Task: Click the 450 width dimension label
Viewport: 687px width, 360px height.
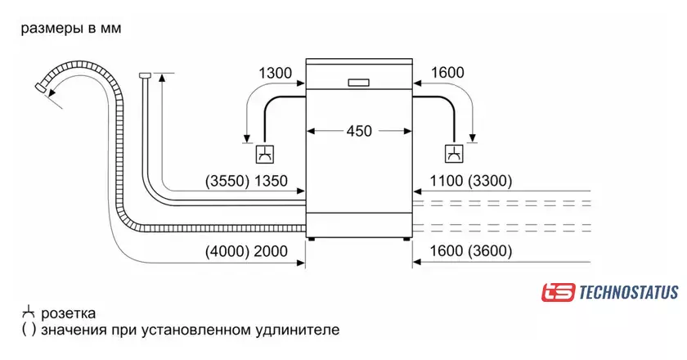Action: pyautogui.click(x=359, y=131)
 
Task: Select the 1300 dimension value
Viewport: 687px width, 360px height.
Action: pyautogui.click(x=275, y=73)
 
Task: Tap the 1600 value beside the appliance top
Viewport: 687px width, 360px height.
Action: pyautogui.click(x=447, y=73)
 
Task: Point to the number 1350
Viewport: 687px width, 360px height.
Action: pyautogui.click(x=271, y=181)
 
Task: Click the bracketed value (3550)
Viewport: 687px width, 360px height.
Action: pyautogui.click(x=227, y=181)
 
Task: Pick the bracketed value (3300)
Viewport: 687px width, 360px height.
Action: pyautogui.click(x=490, y=181)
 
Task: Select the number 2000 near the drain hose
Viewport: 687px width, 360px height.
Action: pyautogui.click(x=271, y=251)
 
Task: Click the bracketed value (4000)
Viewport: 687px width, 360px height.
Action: pyautogui.click(x=227, y=251)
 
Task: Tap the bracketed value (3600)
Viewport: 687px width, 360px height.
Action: pyautogui.click(x=490, y=251)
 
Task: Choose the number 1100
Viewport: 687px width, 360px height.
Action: pyautogui.click(x=446, y=181)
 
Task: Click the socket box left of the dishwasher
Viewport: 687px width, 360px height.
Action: pyautogui.click(x=266, y=154)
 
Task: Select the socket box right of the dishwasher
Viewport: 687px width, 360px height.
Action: pyautogui.click(x=455, y=154)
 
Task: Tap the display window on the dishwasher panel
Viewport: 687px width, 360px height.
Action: pyautogui.click(x=359, y=83)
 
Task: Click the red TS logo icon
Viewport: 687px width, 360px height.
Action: pyautogui.click(x=558, y=292)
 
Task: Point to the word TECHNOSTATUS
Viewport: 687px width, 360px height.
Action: pyautogui.click(x=629, y=292)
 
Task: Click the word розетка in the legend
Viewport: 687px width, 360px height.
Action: pyautogui.click(x=69, y=314)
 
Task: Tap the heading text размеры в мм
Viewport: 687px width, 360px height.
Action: pyautogui.click(x=71, y=29)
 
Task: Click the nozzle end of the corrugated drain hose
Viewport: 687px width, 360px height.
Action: pyautogui.click(x=40, y=88)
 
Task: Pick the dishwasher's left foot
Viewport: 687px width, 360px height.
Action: pyautogui.click(x=311, y=240)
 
